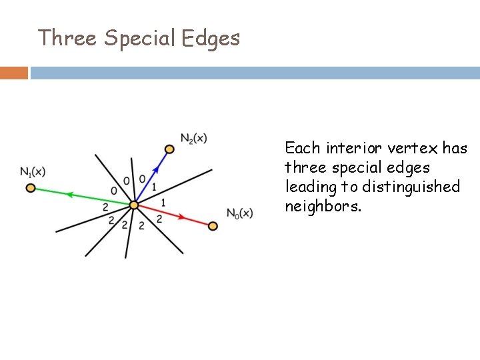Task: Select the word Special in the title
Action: pyautogui.click(x=139, y=39)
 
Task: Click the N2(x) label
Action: pyautogui.click(x=193, y=138)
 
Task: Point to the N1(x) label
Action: pyautogui.click(x=33, y=172)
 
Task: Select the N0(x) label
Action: pyautogui.click(x=239, y=213)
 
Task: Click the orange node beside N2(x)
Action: pyautogui.click(x=169, y=149)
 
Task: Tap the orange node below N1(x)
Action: pyautogui.click(x=30, y=188)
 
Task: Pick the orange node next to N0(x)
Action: pyautogui.click(x=213, y=226)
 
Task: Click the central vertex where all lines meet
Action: pyautogui.click(x=133, y=205)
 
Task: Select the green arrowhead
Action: pyautogui.click(x=69, y=195)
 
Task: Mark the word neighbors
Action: pyautogui.click(x=323, y=206)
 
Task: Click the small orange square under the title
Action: pyautogui.click(x=14, y=73)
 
